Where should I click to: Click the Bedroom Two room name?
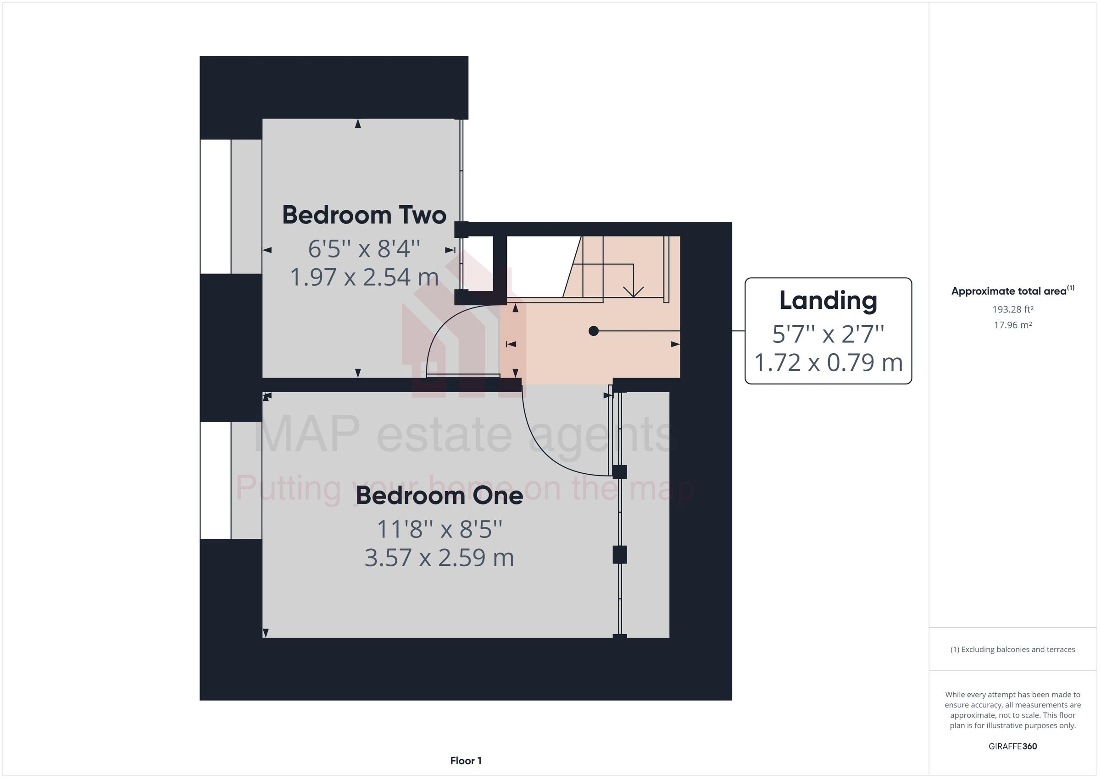point(364,215)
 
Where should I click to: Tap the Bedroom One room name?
point(439,495)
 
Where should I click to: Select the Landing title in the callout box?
point(828,301)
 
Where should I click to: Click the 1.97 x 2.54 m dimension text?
point(364,277)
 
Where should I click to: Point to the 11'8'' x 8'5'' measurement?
point(439,529)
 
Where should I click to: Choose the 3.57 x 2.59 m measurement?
point(439,558)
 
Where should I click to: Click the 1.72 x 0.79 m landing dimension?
point(828,362)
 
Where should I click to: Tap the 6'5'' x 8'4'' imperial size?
point(364,249)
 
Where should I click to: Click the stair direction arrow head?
point(633,292)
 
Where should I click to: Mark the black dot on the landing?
point(594,330)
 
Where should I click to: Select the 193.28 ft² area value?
point(1012,309)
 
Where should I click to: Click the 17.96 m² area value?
point(1012,325)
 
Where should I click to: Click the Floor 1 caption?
point(466,760)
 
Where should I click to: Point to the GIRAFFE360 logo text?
point(1012,746)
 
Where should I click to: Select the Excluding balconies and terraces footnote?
point(1012,649)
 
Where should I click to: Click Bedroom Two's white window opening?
point(215,207)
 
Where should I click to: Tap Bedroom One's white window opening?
point(215,480)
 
